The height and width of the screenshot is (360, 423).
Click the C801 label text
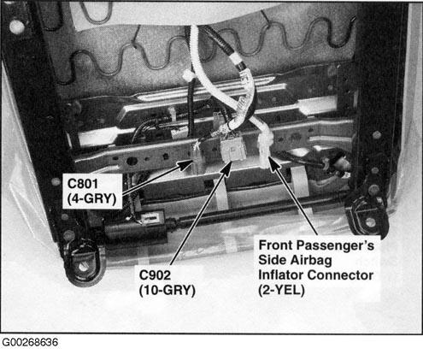pos(83,184)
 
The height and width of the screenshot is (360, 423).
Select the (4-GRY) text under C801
pos(91,198)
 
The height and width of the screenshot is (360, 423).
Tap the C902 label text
pos(156,275)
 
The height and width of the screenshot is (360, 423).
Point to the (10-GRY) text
pos(167,291)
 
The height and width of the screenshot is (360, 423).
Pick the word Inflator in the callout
pos(281,275)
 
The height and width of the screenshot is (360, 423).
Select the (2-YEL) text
pos(281,290)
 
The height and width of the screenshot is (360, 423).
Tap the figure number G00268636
pos(30,342)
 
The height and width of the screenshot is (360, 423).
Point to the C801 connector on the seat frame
pos(197,159)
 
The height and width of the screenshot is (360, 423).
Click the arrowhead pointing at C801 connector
pos(185,164)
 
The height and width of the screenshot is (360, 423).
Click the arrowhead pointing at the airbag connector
pos(273,163)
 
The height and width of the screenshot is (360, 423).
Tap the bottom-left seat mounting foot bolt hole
pos(83,267)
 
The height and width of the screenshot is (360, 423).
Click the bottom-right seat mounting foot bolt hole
pos(371,221)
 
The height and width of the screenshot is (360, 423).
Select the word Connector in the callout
pos(340,275)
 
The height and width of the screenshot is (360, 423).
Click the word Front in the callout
pos(276,245)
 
